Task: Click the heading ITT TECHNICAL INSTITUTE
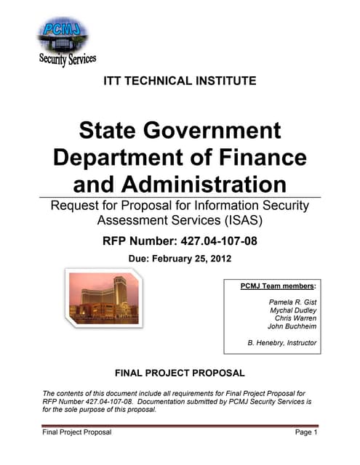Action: [x=180, y=81]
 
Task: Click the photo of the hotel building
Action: [x=103, y=299]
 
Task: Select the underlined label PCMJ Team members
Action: [x=278, y=286]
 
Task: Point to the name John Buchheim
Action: [x=292, y=327]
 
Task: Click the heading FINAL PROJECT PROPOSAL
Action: [x=180, y=373]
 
